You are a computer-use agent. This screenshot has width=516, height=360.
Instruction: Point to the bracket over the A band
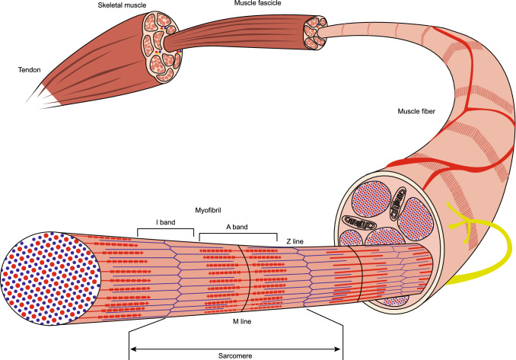pos(237,235)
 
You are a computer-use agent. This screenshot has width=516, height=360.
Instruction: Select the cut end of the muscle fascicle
pos(313,30)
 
